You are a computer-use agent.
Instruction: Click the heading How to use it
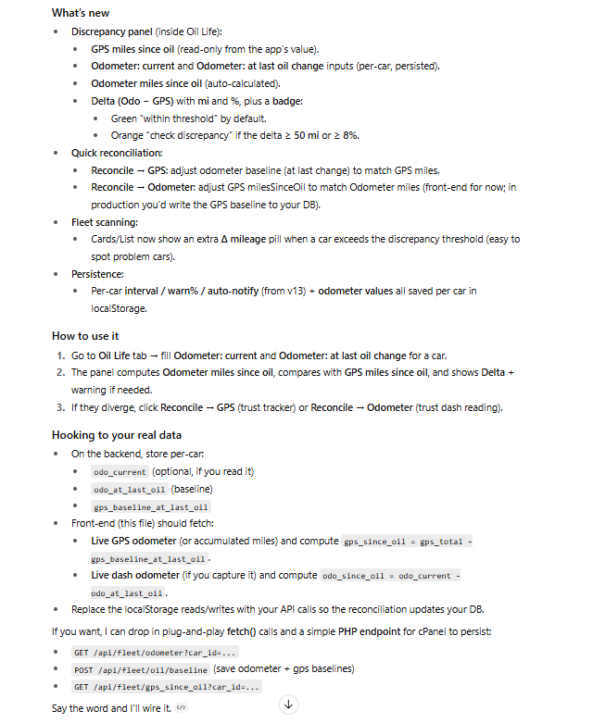click(84, 336)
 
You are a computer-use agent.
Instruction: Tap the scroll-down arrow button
click(288, 704)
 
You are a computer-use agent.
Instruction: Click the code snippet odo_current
click(120, 472)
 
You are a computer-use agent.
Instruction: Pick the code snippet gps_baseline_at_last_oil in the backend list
click(151, 507)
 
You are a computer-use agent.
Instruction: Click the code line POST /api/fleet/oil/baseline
click(141, 669)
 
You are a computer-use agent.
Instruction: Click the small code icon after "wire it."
click(182, 708)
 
